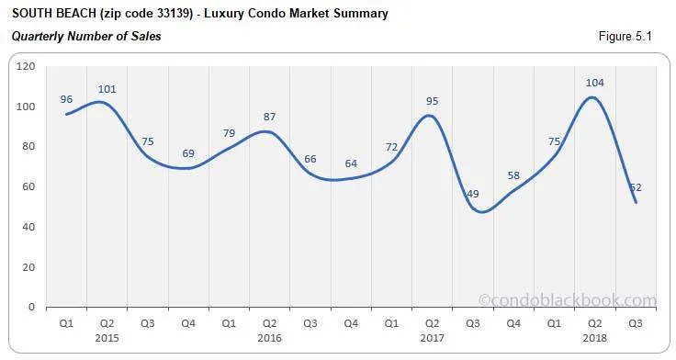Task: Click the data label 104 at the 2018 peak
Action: click(x=594, y=83)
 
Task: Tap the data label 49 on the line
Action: click(x=472, y=194)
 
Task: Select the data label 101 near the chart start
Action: click(x=107, y=89)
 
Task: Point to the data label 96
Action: click(x=66, y=99)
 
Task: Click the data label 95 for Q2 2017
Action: click(x=432, y=101)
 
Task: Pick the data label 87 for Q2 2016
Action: click(x=269, y=117)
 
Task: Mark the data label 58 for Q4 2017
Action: click(x=513, y=175)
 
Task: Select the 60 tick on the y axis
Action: click(x=28, y=186)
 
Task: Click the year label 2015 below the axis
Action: click(x=107, y=337)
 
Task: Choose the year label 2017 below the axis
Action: click(x=432, y=337)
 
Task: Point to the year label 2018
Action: click(x=594, y=337)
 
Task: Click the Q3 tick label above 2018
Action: click(x=635, y=323)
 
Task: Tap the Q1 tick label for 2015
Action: click(x=66, y=323)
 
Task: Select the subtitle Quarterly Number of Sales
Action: click(x=86, y=37)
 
